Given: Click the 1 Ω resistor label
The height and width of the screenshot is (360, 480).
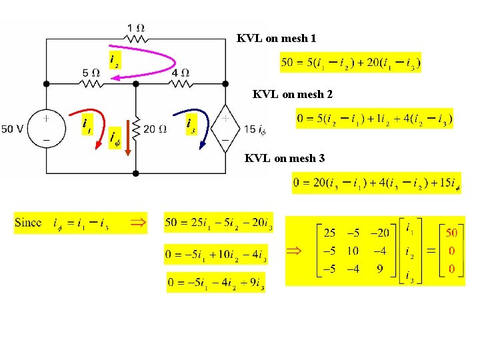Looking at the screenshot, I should point(136,28).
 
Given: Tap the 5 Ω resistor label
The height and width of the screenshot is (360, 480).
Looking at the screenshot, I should point(91,72).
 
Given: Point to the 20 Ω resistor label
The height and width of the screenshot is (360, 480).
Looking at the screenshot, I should point(154,129).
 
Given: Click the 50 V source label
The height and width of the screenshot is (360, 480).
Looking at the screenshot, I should point(13,129).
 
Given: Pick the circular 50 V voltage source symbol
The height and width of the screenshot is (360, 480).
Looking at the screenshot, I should point(46,129).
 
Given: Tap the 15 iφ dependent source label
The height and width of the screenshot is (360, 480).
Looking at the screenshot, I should point(255,129).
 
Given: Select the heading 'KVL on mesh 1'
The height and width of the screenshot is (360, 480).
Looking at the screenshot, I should point(276,39).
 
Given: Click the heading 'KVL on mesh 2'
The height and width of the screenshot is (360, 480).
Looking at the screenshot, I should point(292,95).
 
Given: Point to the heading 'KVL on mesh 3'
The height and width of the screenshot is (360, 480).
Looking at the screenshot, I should point(285,158).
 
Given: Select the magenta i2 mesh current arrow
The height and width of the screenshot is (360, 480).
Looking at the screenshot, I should point(153,59).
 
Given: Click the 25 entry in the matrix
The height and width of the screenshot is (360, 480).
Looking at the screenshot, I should point(330,233).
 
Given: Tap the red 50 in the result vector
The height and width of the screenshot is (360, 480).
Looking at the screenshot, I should point(451,233).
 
